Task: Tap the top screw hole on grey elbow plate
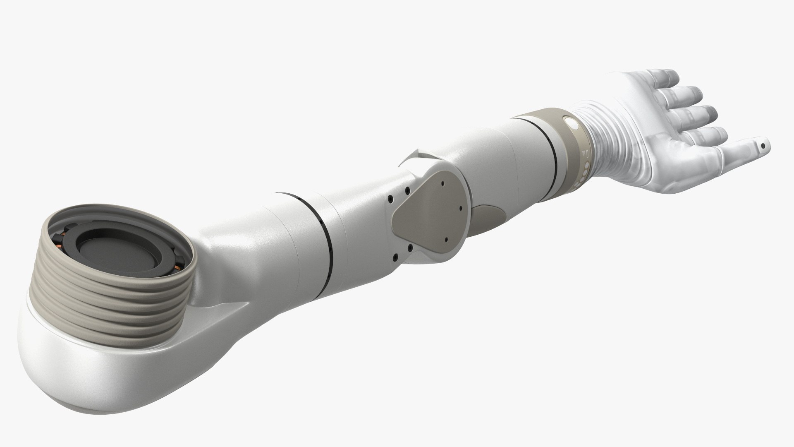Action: pyautogui.click(x=442, y=182)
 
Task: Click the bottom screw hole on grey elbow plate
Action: pyautogui.click(x=447, y=239)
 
